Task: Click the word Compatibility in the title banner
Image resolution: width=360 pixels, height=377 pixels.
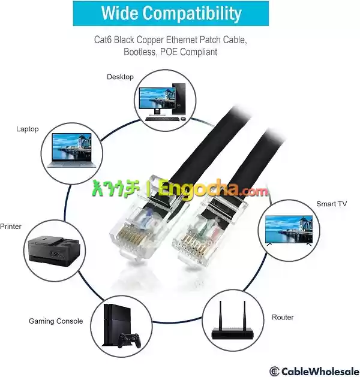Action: [x=192, y=13]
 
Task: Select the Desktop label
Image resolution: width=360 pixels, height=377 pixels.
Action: [x=120, y=77]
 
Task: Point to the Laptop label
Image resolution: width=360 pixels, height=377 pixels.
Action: [x=28, y=129]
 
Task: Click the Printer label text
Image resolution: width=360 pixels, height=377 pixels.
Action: [x=11, y=226]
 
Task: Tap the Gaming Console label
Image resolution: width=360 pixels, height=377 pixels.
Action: [x=56, y=321]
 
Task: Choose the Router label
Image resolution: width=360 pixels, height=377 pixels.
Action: [x=283, y=317]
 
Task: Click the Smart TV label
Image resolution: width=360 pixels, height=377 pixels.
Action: [x=332, y=204]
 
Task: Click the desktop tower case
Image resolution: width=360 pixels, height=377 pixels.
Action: [x=179, y=99]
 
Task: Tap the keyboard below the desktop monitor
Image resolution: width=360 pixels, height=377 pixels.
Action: [x=162, y=119]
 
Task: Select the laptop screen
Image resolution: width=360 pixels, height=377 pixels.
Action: [x=72, y=147]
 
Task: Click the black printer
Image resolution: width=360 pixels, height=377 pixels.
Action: [x=53, y=249]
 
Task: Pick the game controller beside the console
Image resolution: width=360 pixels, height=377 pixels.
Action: [x=129, y=340]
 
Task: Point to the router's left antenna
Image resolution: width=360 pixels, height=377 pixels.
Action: [x=220, y=314]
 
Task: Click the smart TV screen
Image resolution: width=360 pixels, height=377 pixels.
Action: [x=289, y=229]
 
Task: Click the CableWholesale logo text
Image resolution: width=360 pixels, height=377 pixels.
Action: [x=314, y=371]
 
